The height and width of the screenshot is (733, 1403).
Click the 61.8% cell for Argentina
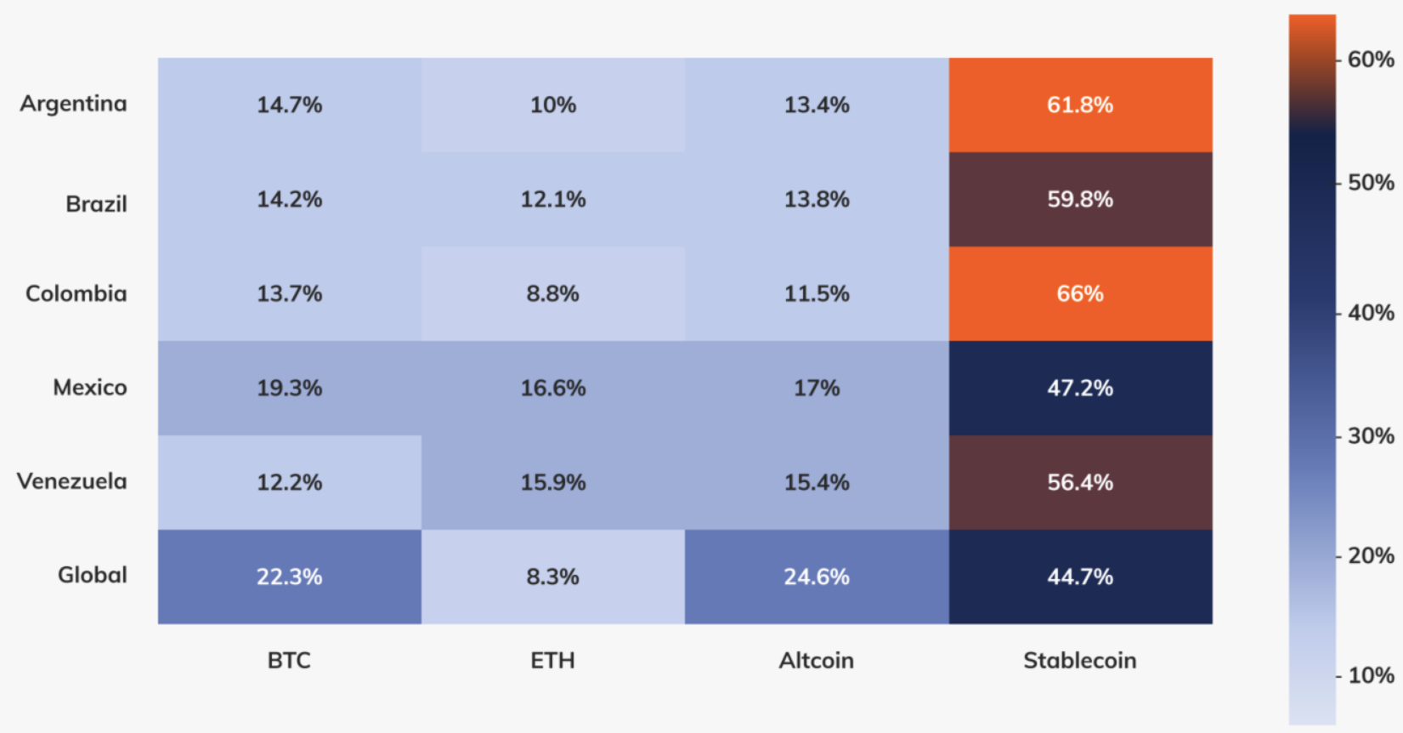tap(1080, 105)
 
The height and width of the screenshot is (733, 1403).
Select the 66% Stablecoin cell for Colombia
tap(1080, 293)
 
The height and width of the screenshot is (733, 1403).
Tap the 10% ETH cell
tap(552, 105)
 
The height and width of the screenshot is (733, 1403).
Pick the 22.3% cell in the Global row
tap(289, 577)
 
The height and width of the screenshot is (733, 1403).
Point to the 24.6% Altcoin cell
tap(816, 577)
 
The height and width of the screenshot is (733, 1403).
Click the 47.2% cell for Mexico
tap(1080, 388)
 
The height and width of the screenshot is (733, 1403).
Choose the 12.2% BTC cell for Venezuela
tap(289, 482)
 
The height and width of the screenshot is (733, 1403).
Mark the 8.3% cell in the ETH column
tap(552, 577)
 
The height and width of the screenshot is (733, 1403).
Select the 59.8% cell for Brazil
tap(1080, 199)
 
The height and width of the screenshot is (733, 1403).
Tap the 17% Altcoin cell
tap(816, 388)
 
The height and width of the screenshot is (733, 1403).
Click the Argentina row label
tap(74, 104)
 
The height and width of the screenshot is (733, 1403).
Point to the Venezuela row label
tap(72, 481)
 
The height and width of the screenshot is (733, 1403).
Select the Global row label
tap(92, 576)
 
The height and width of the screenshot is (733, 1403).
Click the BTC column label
tap(289, 661)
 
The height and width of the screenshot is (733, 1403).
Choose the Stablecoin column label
tap(1079, 661)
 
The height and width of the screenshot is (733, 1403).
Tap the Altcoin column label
tap(816, 661)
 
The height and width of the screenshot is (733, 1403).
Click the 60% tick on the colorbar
tap(1370, 60)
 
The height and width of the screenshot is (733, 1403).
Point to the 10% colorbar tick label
tap(1370, 676)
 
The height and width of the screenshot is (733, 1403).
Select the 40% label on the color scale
tap(1370, 313)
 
